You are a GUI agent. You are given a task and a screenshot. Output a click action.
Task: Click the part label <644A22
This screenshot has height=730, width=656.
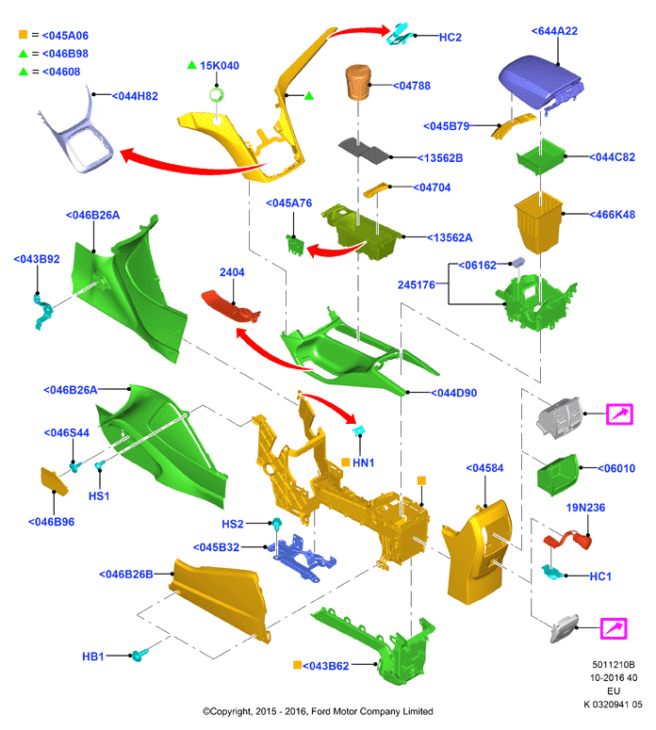(x=554, y=31)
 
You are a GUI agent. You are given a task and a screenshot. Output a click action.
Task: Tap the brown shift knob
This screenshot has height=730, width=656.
(x=358, y=82)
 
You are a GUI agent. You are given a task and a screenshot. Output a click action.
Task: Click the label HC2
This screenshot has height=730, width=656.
(x=451, y=38)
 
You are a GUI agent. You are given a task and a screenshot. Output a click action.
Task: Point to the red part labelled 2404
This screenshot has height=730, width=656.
(x=230, y=305)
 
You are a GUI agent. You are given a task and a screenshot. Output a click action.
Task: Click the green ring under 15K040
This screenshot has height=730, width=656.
(x=216, y=95)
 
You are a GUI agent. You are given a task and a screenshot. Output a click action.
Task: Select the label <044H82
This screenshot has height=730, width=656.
(x=135, y=96)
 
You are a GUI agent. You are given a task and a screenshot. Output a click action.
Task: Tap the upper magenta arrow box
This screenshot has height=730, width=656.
(x=619, y=414)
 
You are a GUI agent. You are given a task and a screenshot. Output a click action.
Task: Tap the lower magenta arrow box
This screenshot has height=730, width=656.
(x=614, y=628)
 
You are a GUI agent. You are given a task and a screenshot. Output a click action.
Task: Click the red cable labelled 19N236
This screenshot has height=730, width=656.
(x=568, y=540)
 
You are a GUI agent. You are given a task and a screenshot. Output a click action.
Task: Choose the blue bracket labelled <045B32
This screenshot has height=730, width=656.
(x=301, y=558)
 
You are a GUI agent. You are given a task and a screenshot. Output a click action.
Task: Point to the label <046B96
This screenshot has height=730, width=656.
(x=51, y=522)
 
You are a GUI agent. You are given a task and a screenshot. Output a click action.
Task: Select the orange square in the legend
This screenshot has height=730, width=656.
(x=23, y=35)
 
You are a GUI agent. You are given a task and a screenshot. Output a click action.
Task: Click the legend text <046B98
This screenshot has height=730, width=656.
(x=65, y=54)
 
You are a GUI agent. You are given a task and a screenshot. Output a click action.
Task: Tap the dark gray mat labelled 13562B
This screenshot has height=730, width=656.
(x=365, y=150)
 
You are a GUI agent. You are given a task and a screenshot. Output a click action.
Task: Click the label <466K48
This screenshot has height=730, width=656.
(x=613, y=215)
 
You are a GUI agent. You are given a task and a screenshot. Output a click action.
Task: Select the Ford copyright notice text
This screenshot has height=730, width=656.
(x=318, y=711)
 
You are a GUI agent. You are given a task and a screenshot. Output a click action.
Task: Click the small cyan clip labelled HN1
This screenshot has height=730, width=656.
(x=359, y=430)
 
